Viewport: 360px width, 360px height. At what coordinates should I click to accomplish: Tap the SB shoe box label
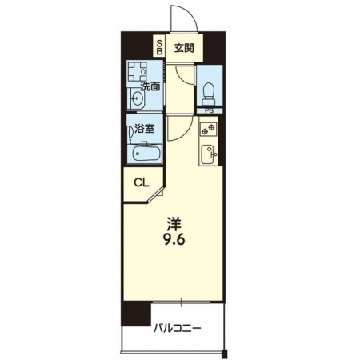pos(159,46)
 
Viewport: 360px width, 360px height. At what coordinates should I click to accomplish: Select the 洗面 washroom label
pos(150,86)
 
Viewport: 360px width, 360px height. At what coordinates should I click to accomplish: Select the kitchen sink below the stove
pos(209,152)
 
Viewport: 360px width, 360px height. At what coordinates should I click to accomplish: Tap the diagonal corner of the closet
pos(160,192)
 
